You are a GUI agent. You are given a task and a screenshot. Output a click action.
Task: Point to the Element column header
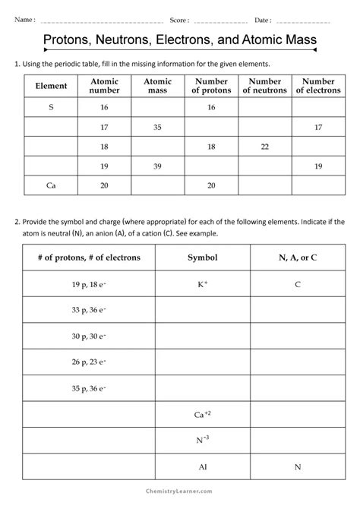click(52, 86)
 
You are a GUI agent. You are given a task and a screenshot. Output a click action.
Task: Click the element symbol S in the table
click(51, 108)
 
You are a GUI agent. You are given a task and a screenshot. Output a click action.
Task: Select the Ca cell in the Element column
click(51, 185)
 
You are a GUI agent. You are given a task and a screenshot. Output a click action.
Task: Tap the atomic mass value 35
click(157, 127)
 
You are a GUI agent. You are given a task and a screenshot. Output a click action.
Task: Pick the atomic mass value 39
click(157, 166)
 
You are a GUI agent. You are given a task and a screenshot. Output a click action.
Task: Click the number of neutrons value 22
click(265, 147)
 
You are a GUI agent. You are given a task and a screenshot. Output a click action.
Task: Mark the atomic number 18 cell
click(104, 147)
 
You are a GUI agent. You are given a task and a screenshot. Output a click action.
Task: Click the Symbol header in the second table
click(203, 258)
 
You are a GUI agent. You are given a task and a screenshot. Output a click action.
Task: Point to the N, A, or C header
click(298, 258)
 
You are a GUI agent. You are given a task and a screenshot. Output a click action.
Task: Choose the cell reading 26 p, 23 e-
click(89, 362)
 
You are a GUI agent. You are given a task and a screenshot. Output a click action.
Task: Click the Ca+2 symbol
click(203, 414)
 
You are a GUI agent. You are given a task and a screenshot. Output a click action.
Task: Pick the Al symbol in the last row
click(203, 466)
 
